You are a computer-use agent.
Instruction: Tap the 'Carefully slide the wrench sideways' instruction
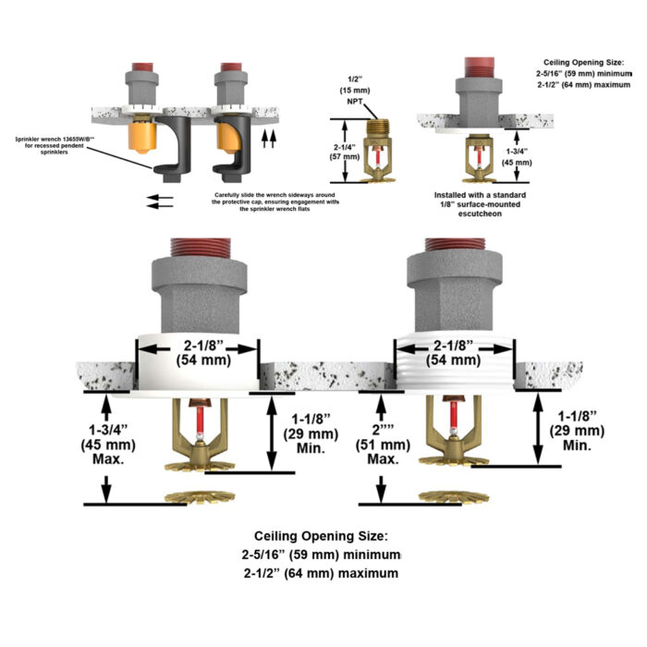pyautogui.click(x=275, y=201)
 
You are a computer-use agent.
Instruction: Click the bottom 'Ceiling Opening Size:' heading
pyautogui.click(x=322, y=536)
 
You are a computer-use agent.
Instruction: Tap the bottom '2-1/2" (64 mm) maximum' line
pyautogui.click(x=322, y=574)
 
